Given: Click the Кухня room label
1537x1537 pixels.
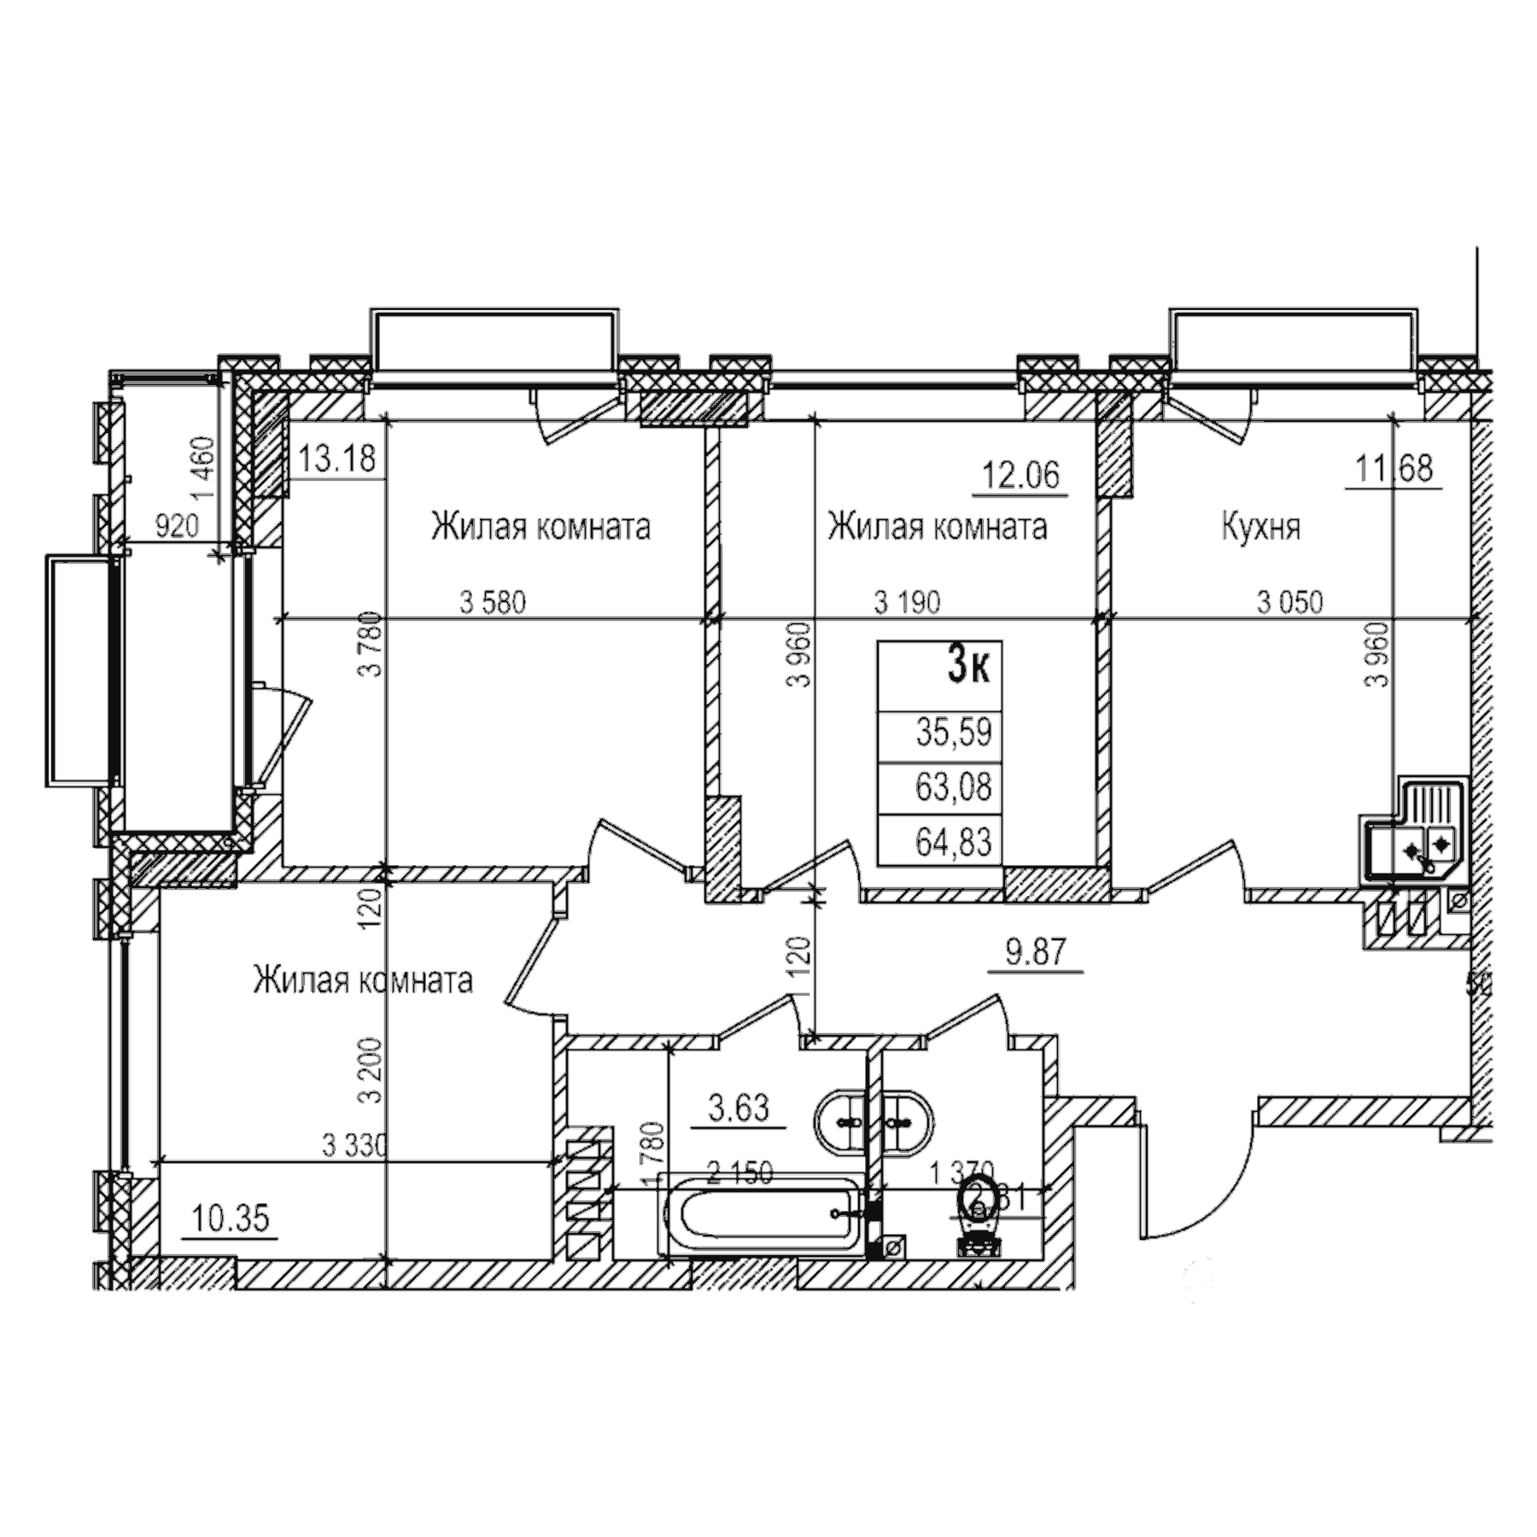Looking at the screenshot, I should click(x=1261, y=528).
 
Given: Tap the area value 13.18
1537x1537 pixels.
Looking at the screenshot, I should click(x=337, y=459).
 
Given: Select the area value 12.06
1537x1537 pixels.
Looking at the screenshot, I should click(x=1021, y=474).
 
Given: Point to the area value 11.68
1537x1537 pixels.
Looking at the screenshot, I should click(x=1394, y=469).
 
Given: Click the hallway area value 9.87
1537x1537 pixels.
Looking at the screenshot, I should click(x=1036, y=951).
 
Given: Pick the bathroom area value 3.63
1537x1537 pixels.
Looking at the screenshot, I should click(x=739, y=1109).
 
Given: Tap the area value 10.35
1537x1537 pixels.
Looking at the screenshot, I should click(x=230, y=1218).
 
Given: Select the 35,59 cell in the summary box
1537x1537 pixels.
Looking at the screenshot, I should click(x=954, y=733).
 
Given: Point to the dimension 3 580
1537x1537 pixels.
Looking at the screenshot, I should click(x=493, y=603).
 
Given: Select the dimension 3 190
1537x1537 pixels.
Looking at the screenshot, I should click(x=907, y=603).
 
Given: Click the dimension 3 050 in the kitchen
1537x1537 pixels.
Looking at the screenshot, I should click(x=1289, y=603).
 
